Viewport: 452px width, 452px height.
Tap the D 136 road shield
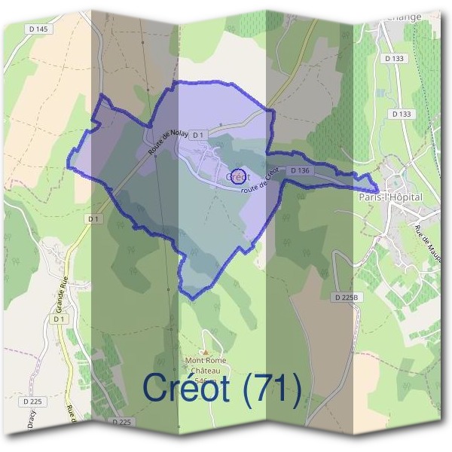click(x=299, y=171)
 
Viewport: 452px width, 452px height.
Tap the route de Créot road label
click(x=259, y=182)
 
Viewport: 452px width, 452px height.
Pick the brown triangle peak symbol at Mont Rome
click(x=205, y=352)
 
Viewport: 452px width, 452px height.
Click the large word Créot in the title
click(x=188, y=389)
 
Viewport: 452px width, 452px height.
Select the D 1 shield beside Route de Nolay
click(x=198, y=135)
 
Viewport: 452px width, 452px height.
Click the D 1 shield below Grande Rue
click(x=60, y=319)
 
